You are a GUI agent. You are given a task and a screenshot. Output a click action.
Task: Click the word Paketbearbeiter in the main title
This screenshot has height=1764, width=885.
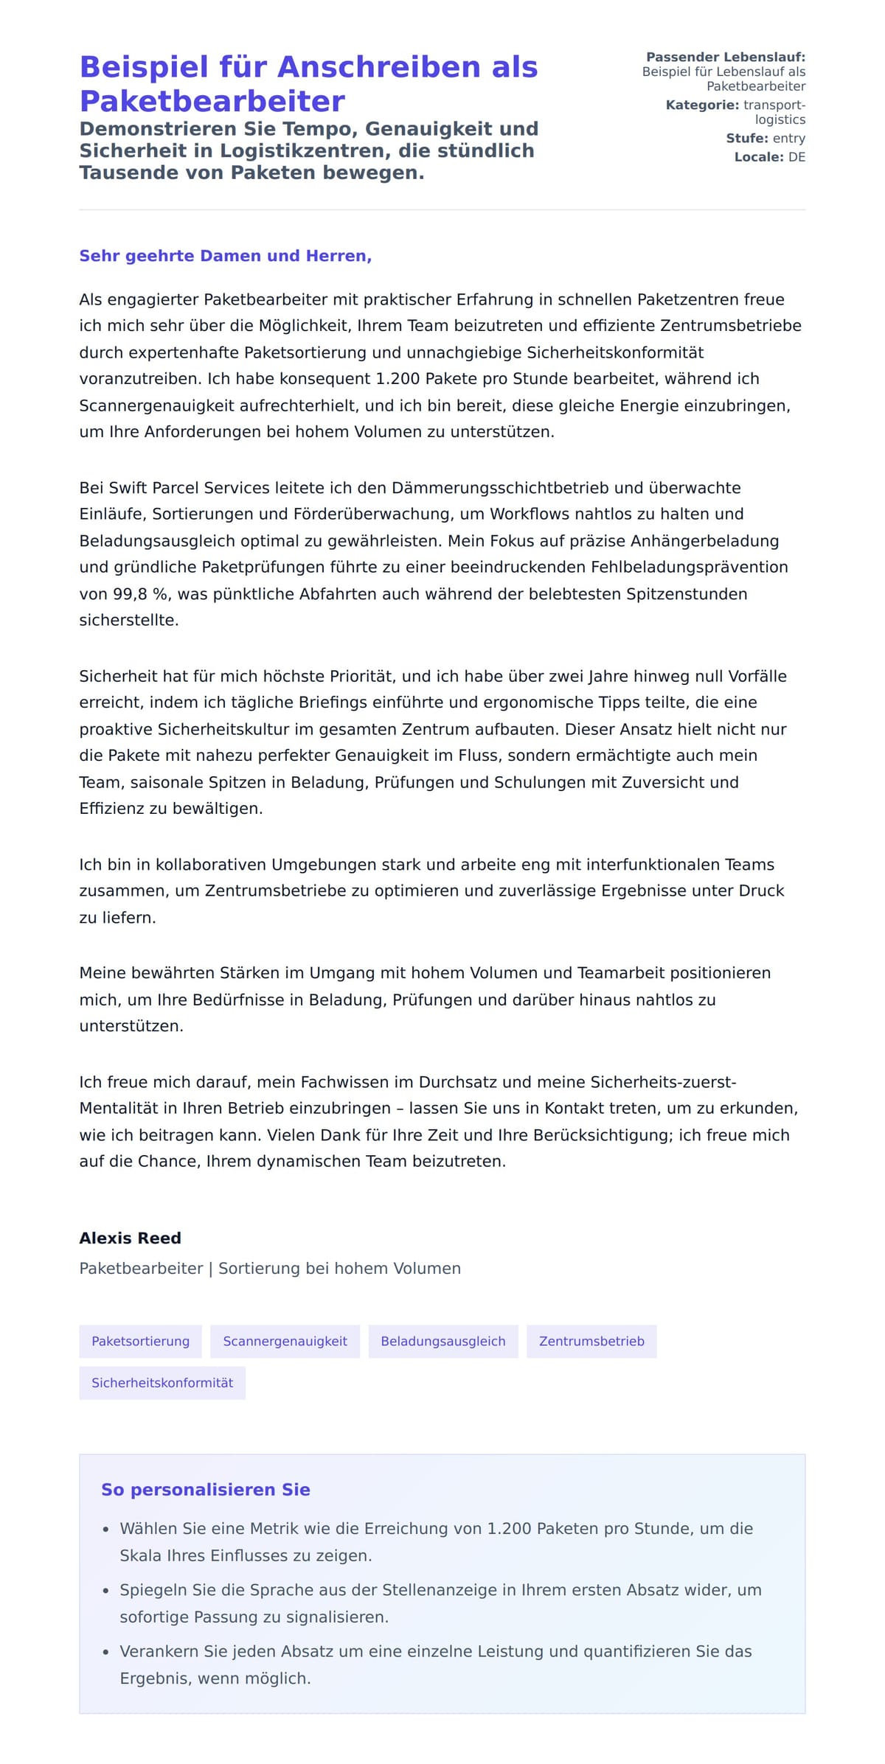[212, 101]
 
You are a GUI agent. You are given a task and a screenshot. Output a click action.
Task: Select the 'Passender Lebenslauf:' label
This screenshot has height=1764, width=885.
[725, 57]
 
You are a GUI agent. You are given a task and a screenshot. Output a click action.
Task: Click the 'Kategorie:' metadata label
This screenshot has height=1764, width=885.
[701, 105]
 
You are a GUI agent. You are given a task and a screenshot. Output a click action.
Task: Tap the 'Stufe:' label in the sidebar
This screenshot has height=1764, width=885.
[746, 139]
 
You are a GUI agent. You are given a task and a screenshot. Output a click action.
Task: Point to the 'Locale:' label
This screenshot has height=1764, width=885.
[758, 157]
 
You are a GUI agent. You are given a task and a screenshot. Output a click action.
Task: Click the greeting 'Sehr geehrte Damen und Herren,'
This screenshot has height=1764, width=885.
[225, 256]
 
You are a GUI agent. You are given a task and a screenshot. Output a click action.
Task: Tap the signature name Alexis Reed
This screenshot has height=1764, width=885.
[130, 1238]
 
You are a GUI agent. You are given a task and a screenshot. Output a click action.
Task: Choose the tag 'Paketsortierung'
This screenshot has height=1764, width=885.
[140, 1341]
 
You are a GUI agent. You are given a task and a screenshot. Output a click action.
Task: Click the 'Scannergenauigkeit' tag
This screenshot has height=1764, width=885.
[285, 1341]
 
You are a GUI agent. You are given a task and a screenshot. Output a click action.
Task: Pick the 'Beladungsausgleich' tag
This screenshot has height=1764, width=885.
[442, 1341]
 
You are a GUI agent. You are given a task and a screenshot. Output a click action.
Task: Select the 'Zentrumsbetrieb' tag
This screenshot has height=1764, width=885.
[591, 1341]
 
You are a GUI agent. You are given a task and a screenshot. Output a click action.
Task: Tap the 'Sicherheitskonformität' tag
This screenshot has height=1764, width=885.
[162, 1382]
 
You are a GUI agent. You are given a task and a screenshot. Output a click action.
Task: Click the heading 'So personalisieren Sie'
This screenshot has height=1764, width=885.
[205, 1490]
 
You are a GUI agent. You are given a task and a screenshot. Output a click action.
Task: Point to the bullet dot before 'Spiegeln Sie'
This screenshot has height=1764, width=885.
[106, 1591]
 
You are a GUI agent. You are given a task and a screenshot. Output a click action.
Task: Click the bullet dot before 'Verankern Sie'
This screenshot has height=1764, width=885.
[106, 1653]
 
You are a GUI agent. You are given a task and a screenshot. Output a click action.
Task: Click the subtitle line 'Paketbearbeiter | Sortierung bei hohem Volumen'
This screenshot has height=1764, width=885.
[270, 1269]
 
